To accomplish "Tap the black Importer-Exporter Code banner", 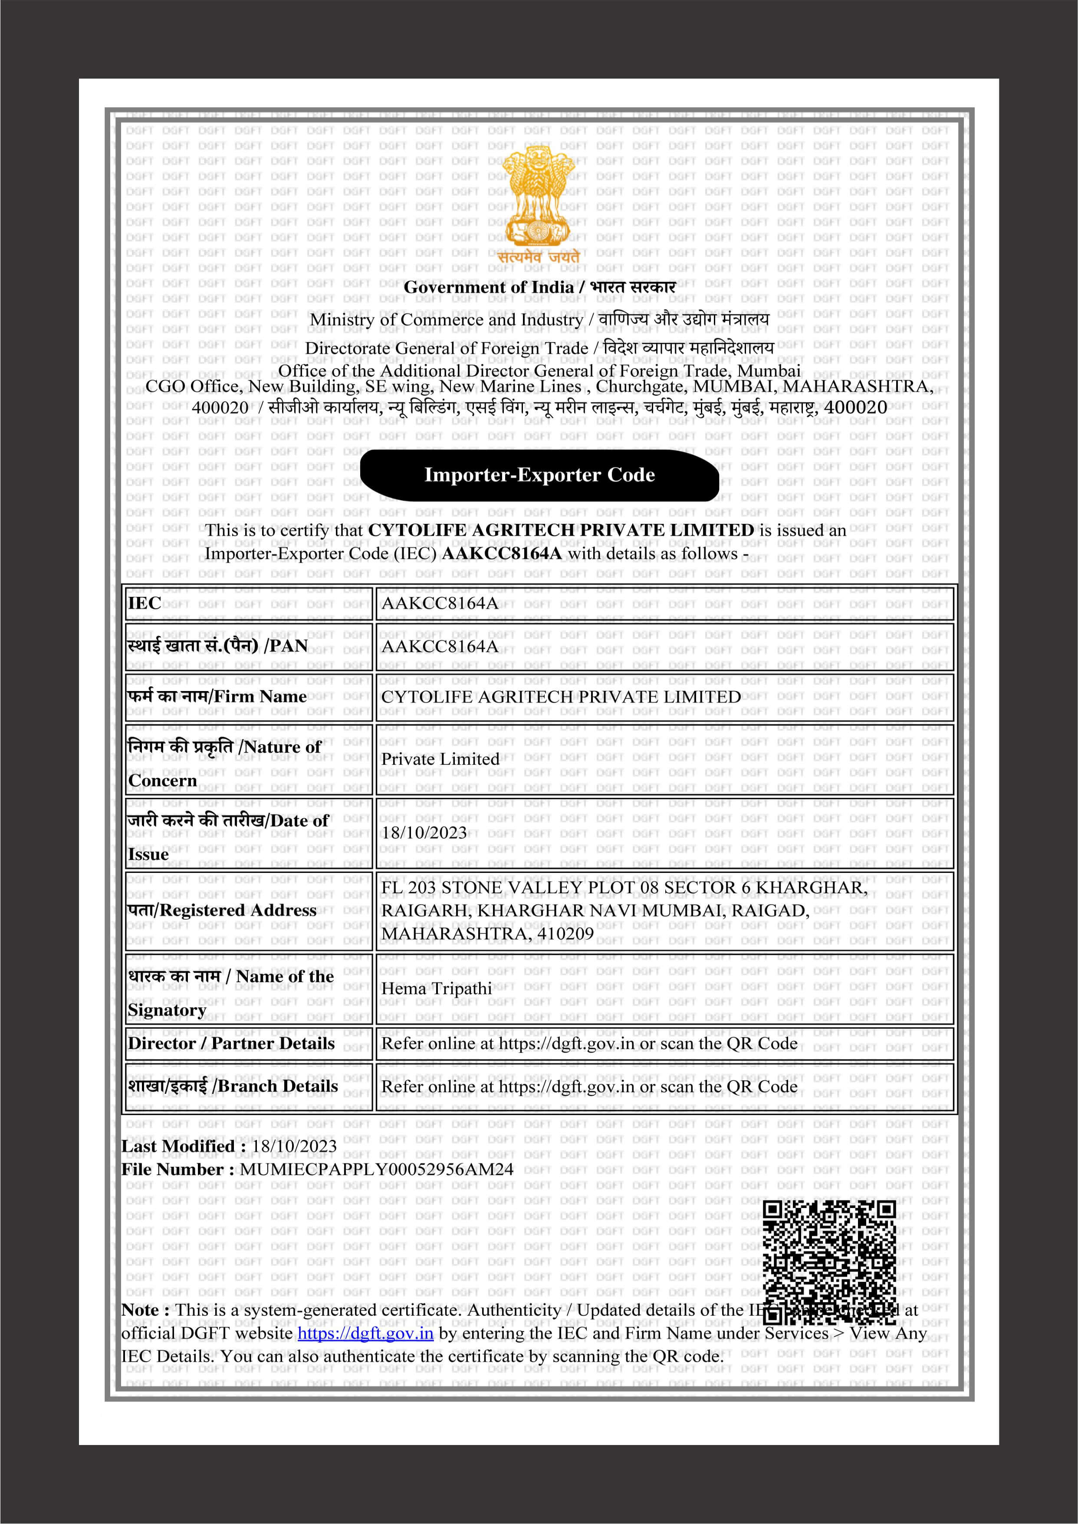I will click(x=539, y=474).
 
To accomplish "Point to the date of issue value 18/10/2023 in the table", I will click(x=424, y=833).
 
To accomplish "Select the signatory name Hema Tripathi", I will click(x=436, y=988).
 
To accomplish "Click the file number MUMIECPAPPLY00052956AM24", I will click(x=376, y=1169).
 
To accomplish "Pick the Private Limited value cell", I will click(x=440, y=759).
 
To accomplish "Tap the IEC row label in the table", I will click(x=145, y=602).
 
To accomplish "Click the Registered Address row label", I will click(x=222, y=910).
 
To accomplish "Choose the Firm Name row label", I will click(x=217, y=696).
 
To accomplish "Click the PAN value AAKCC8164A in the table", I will click(x=440, y=646).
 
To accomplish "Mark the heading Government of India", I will click(x=489, y=287).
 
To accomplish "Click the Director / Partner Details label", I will click(x=231, y=1043).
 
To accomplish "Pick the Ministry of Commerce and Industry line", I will click(x=447, y=319).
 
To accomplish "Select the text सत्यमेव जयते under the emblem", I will click(x=538, y=256).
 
